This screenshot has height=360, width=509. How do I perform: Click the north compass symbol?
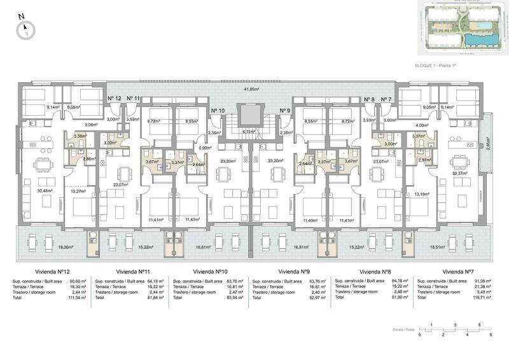click(x=26, y=27)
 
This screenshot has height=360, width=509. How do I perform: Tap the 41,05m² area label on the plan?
click(x=253, y=90)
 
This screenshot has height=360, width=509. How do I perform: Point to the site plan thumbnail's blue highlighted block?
click(x=482, y=40)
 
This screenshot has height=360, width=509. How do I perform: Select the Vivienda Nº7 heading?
click(x=458, y=271)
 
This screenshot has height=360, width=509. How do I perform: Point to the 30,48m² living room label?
click(x=45, y=190)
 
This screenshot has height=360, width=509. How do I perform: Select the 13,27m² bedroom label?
click(x=78, y=190)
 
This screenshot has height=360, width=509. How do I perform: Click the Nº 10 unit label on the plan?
click(x=218, y=111)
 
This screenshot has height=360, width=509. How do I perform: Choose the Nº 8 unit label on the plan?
click(x=369, y=99)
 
